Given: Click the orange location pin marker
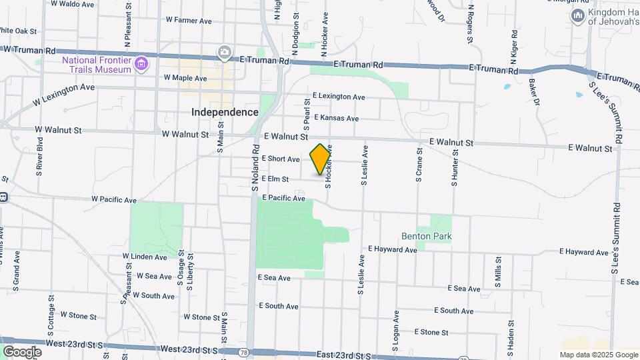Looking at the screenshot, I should click(x=321, y=159).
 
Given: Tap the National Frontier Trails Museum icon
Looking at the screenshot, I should click(x=141, y=64).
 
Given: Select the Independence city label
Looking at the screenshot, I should click(x=225, y=112).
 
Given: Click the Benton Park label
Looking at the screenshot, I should click(x=427, y=236).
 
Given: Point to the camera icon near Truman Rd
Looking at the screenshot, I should click(x=225, y=52).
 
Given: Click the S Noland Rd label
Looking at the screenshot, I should click(x=255, y=169).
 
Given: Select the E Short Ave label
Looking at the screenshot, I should click(x=281, y=159).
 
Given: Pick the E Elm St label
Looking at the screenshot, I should click(x=275, y=179).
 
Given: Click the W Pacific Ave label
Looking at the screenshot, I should click(x=113, y=199).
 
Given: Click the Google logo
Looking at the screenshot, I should click(x=21, y=351).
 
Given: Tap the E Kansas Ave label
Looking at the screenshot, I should click(x=335, y=118).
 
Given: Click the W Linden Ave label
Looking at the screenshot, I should click(x=145, y=257).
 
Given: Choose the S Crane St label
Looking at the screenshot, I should click(x=419, y=170).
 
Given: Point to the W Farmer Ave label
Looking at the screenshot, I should click(x=189, y=21).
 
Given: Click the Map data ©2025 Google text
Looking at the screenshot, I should click(x=598, y=355).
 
